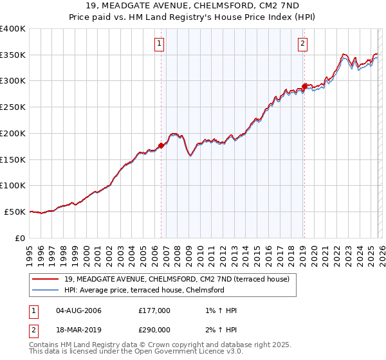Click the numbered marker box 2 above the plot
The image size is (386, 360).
click(x=302, y=44)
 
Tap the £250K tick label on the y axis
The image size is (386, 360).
click(x=13, y=107)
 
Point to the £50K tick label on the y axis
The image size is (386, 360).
click(x=15, y=212)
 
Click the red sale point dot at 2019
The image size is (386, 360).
click(x=304, y=86)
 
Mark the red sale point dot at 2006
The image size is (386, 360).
click(x=161, y=145)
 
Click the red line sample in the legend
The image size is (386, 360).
click(x=46, y=279)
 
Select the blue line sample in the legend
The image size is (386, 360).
click(x=46, y=290)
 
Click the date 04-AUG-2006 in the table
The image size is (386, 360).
click(x=78, y=311)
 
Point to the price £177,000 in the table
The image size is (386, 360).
click(x=154, y=311)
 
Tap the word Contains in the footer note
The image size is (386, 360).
click(x=44, y=345)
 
